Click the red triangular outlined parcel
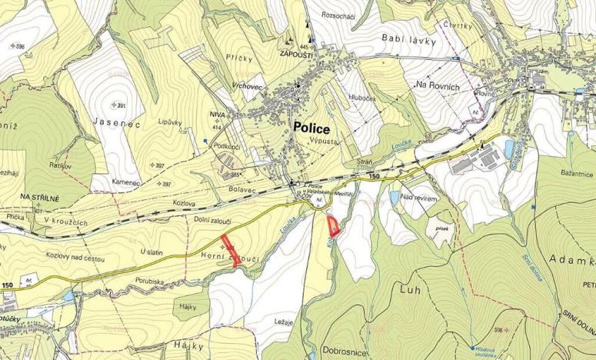pyautogui.click(x=333, y=226)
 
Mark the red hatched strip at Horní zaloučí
pyautogui.click(x=231, y=250)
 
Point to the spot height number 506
pyautogui.click(x=500, y=330)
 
